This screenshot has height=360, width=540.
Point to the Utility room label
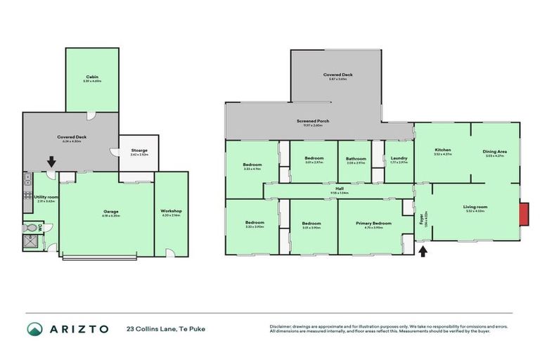coord(47,198)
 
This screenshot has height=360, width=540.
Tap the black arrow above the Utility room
coord(51,162)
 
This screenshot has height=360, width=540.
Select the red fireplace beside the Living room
coord(524,214)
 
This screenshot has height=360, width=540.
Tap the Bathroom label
coord(355,158)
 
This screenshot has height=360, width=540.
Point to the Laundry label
coord(398,158)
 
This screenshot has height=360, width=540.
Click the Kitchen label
coord(442,150)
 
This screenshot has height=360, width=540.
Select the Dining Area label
coord(495,151)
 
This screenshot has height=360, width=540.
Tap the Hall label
coord(339,188)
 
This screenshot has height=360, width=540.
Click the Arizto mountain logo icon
coord(34,328)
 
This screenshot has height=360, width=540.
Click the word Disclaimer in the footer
coord(281,326)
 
